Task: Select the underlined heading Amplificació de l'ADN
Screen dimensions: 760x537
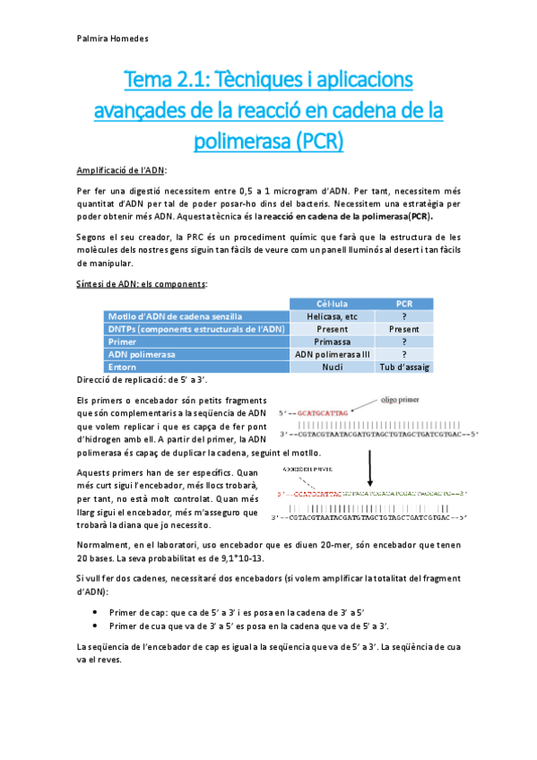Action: (121, 170)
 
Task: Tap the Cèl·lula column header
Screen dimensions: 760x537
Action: (331, 303)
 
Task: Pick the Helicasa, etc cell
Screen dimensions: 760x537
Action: (331, 315)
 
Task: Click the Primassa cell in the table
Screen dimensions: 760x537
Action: (331, 341)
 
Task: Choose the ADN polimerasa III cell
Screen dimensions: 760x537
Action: (331, 354)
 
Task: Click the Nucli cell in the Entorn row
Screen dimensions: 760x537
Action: (331, 367)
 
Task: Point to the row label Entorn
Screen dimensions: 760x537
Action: (123, 367)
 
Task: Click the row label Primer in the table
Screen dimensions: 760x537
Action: (124, 341)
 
